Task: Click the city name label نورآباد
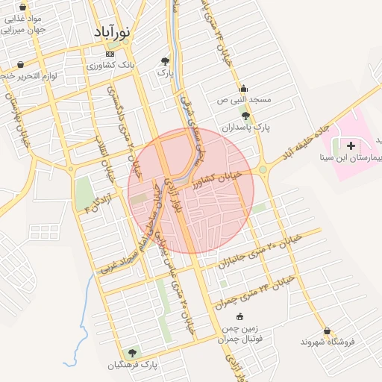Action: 113,32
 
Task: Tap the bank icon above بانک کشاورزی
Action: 111,54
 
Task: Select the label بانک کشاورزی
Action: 112,66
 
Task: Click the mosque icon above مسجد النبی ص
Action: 243,88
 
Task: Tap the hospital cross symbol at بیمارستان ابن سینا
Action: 351,142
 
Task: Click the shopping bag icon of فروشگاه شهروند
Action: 326,331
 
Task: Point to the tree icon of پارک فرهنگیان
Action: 132,352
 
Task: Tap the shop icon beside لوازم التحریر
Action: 20,64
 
